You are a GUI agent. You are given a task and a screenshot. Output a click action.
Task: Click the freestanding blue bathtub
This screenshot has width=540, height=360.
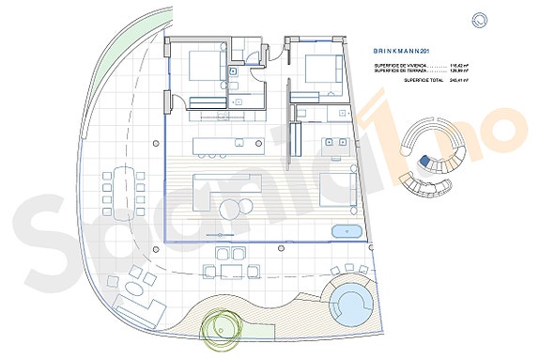[347, 231]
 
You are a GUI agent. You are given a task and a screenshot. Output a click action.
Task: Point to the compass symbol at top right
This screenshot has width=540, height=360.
[480, 19]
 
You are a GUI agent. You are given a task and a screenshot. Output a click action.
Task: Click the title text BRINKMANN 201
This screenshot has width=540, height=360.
[402, 51]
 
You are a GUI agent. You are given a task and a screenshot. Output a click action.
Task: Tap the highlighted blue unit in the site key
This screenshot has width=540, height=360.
[424, 162]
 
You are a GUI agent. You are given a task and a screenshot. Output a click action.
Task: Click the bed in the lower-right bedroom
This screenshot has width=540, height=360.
[333, 188]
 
